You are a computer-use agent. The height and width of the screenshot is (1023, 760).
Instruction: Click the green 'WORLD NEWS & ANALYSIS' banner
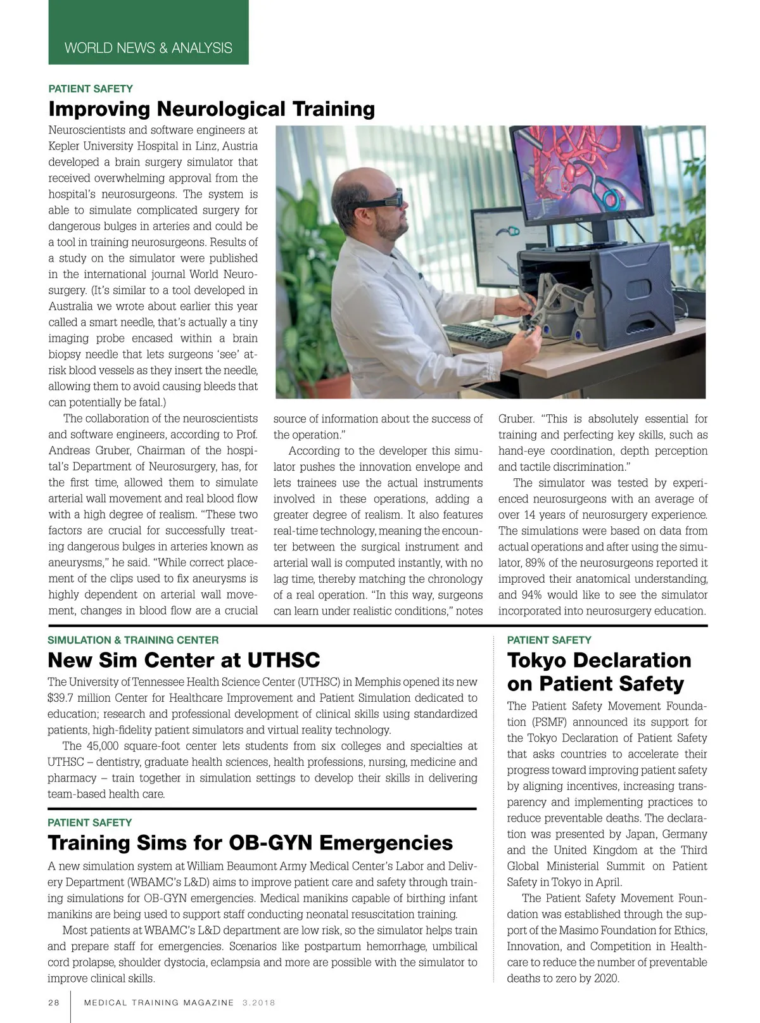[148, 48]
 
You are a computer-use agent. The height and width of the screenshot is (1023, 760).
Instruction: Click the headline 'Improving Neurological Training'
[212, 109]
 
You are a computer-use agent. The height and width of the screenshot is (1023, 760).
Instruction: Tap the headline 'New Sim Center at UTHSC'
[184, 660]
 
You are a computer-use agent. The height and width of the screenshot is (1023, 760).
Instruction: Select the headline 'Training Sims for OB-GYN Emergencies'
[250, 842]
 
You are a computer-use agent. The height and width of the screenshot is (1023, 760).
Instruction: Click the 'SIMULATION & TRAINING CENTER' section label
[133, 640]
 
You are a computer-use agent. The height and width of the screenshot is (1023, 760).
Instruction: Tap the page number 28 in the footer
[53, 1003]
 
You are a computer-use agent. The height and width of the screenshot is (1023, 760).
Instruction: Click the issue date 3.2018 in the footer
[258, 1003]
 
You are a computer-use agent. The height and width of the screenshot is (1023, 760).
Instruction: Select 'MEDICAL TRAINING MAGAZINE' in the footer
[159, 1003]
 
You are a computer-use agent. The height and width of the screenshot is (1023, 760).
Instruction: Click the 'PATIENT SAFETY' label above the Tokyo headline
[548, 640]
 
